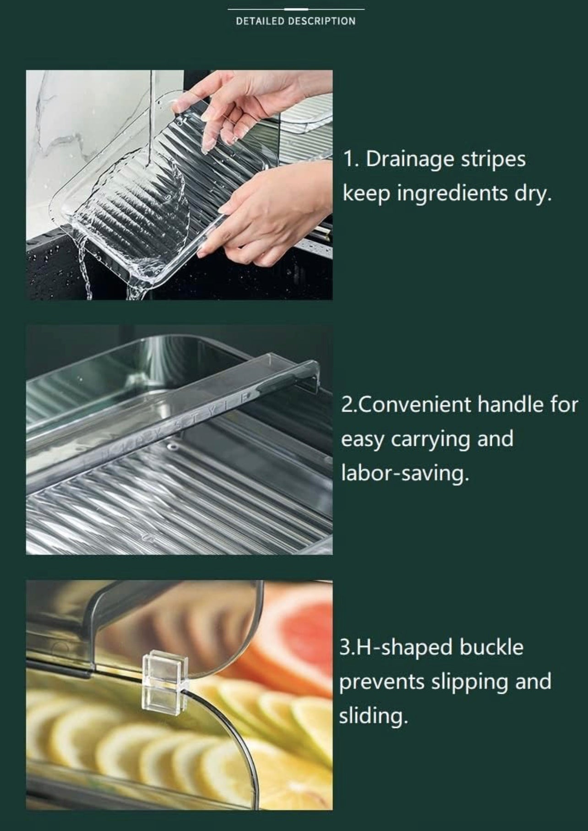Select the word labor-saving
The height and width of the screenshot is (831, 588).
[x=405, y=473]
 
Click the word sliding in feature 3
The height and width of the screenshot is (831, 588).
[x=373, y=715]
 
